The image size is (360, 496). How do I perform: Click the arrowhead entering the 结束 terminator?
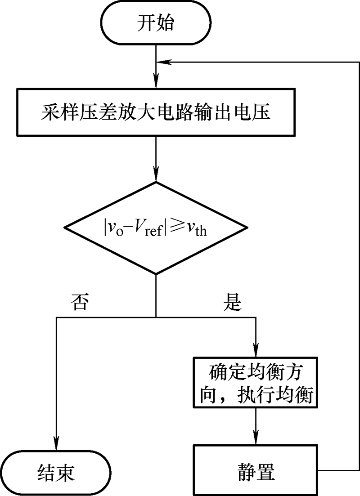tap(56, 443)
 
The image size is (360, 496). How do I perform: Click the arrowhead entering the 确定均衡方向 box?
tap(256, 352)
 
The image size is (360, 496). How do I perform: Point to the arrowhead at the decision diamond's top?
tap(156, 176)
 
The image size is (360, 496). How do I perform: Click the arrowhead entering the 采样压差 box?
tap(156, 83)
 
